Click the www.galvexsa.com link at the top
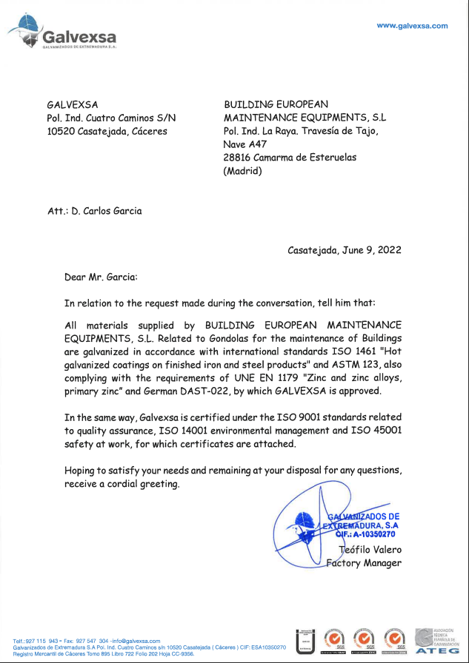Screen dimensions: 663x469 pyautogui.click(x=412, y=26)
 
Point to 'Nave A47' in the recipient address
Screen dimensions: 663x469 pyautogui.click(x=245, y=144)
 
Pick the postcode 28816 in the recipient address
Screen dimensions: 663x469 pyautogui.click(x=238, y=158)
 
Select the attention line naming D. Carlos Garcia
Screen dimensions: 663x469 pyautogui.click(x=94, y=211)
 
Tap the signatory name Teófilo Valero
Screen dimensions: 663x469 pyautogui.click(x=370, y=550)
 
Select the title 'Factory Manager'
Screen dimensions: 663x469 pyautogui.click(x=365, y=563)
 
